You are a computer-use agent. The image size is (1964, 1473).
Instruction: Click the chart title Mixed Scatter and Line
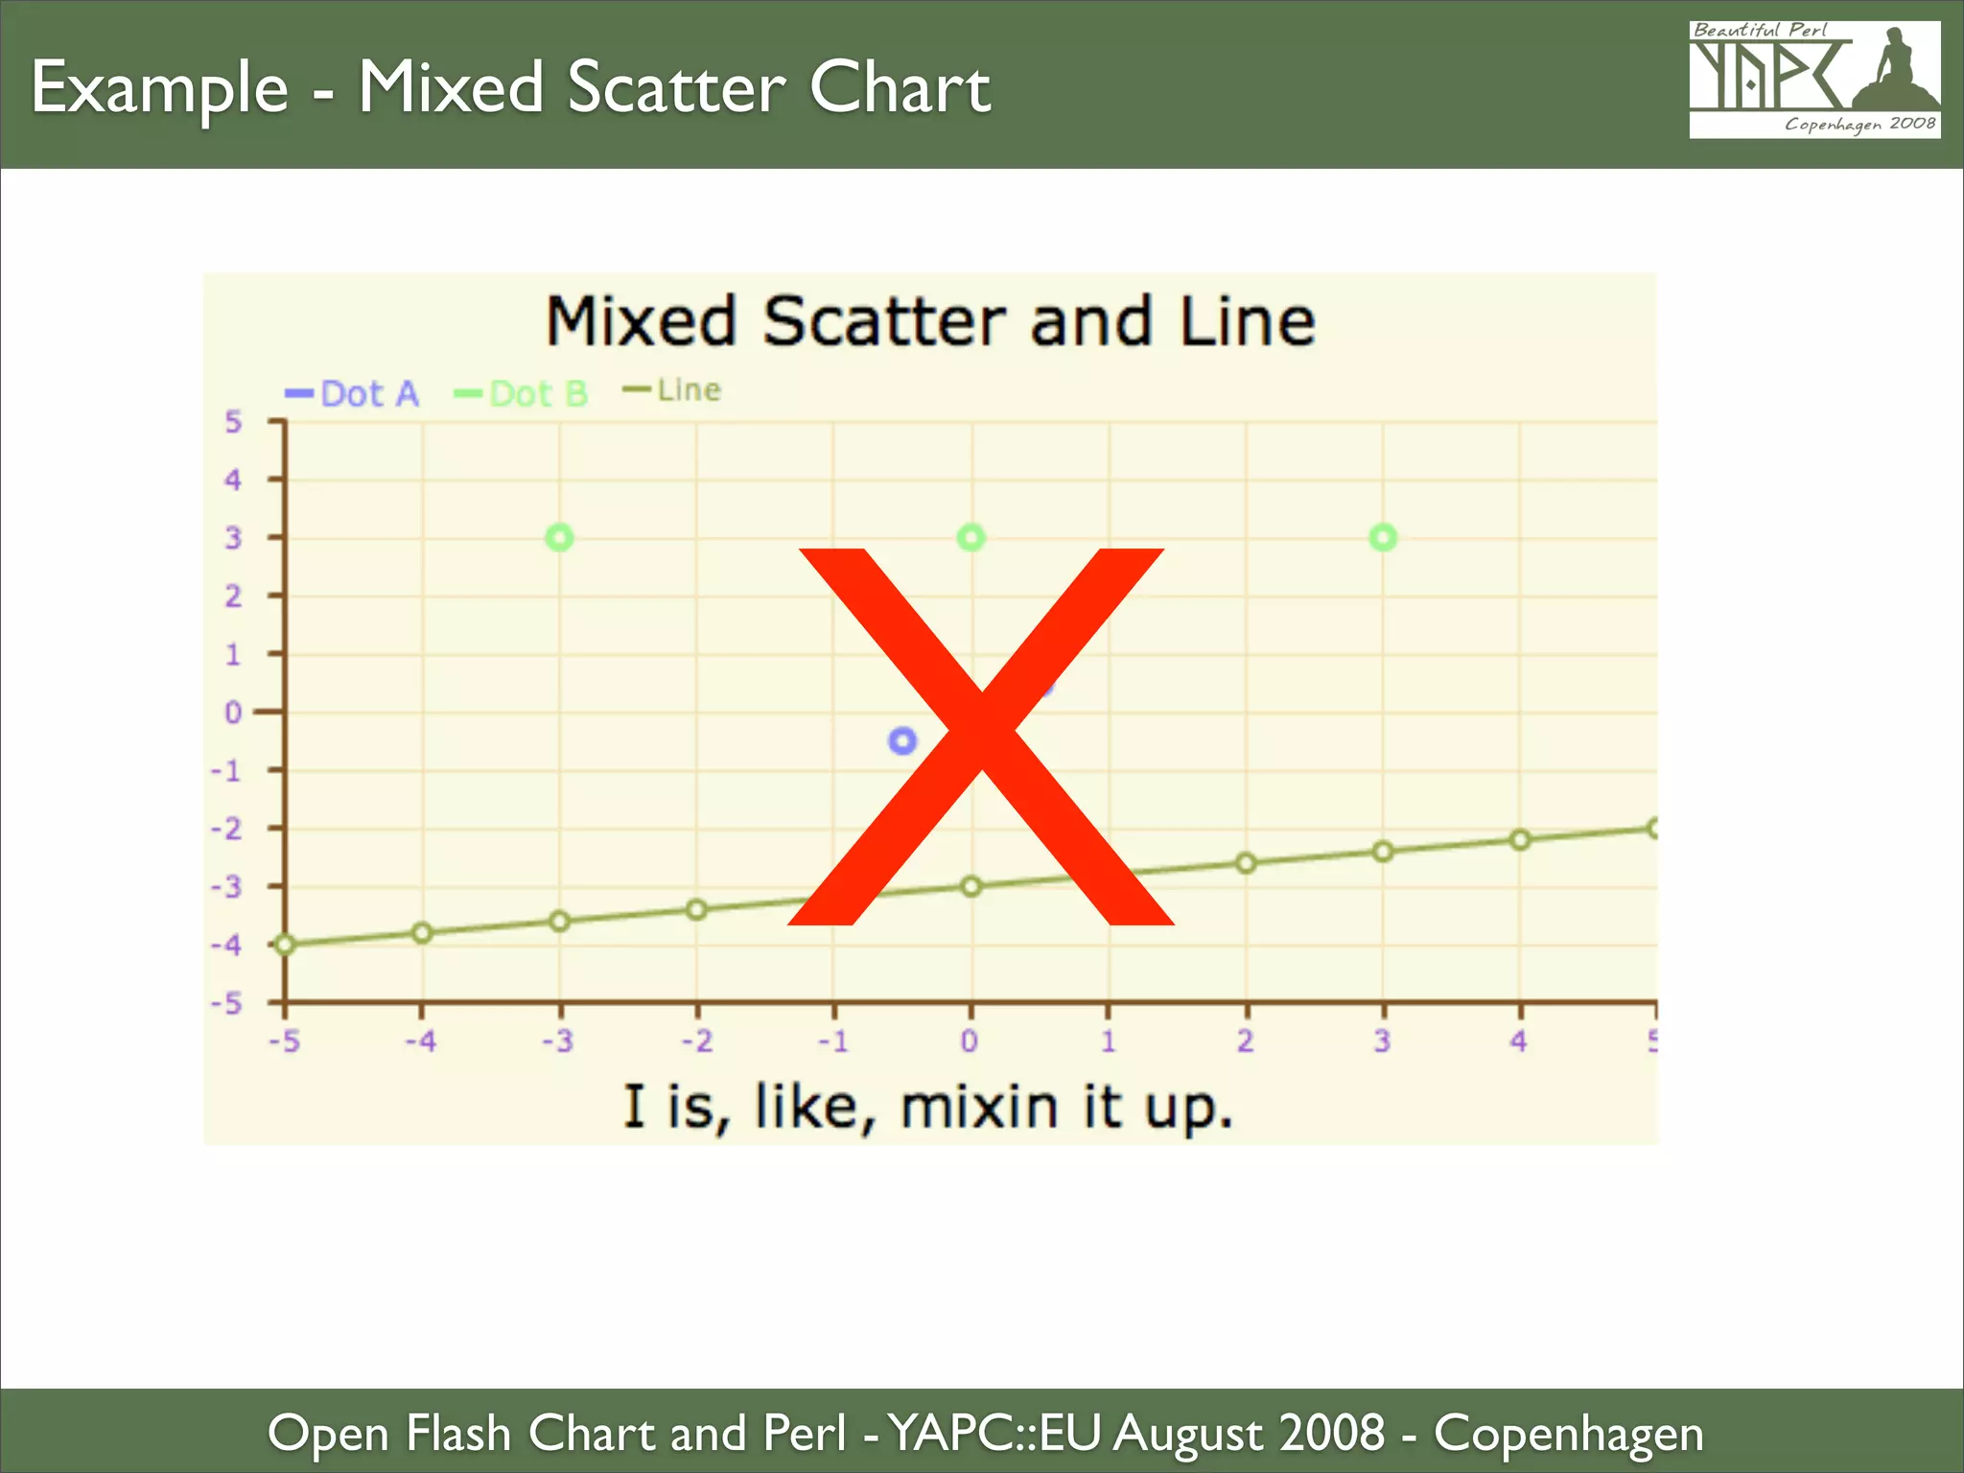(930, 321)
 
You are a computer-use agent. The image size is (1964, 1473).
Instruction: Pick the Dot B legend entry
(523, 393)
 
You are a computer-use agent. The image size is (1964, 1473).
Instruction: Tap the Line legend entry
(674, 390)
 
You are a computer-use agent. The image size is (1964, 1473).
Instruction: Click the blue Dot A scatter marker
(902, 740)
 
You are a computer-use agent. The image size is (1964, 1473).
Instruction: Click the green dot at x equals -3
(559, 538)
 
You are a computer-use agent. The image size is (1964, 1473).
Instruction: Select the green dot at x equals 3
(1383, 538)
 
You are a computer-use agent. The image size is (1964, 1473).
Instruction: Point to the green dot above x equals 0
(971, 538)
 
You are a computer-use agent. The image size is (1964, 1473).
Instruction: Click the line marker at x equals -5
(285, 945)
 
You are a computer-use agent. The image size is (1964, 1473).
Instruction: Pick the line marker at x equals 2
(1246, 863)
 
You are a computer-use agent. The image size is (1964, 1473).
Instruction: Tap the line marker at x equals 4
(1520, 840)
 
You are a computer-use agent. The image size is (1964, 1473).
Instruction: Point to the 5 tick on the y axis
(233, 422)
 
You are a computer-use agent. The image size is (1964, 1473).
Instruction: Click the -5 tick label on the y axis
(227, 1004)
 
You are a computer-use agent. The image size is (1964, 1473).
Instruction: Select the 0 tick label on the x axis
(970, 1040)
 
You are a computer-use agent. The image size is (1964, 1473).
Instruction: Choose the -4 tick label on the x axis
(420, 1040)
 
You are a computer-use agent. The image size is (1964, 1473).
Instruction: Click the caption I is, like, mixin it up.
(928, 1108)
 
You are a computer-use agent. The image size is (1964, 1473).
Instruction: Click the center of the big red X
(980, 736)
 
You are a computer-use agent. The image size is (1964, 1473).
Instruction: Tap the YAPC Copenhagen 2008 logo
(1814, 80)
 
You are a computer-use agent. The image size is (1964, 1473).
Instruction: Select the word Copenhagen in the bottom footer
(1569, 1434)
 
